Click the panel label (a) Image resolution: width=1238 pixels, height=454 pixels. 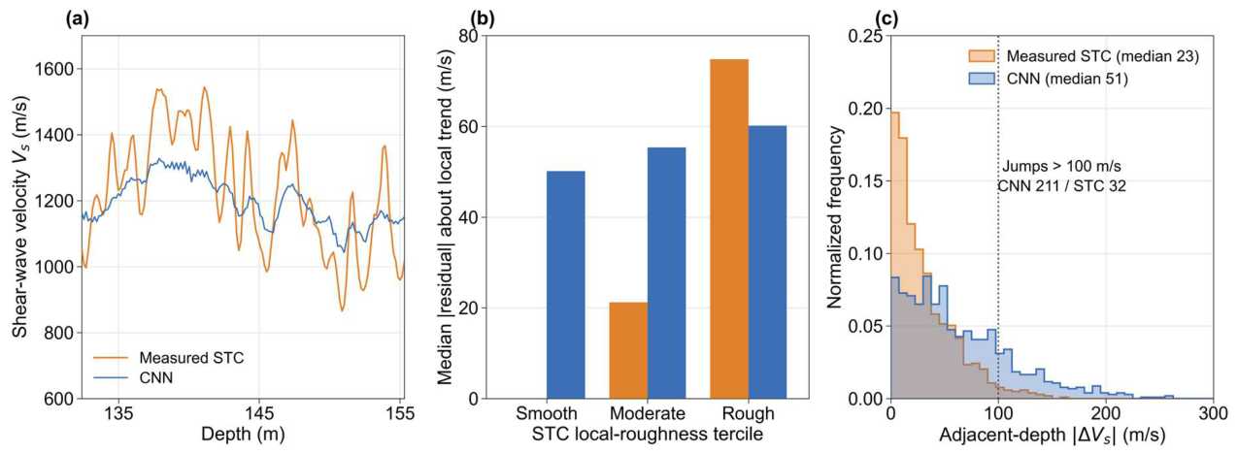(78, 19)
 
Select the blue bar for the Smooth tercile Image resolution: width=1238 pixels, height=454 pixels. (565, 285)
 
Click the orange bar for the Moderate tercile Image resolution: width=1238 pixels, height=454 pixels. (628, 350)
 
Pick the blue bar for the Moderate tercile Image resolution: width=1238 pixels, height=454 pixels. (666, 273)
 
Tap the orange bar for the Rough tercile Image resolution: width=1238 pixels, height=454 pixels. (729, 229)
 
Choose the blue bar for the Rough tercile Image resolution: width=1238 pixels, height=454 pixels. (768, 262)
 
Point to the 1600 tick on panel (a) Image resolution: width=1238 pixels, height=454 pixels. (54, 69)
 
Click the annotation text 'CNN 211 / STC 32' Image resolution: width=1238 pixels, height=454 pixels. (1061, 185)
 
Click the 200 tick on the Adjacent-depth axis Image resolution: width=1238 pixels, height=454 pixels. (1105, 413)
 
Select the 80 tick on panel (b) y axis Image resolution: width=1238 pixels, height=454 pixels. (469, 36)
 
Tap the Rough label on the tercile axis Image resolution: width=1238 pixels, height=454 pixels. (749, 413)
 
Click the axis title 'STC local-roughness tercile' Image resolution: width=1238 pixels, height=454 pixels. (648, 435)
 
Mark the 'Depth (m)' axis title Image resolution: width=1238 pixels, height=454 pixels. (243, 435)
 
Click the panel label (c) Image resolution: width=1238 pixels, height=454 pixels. (887, 19)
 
